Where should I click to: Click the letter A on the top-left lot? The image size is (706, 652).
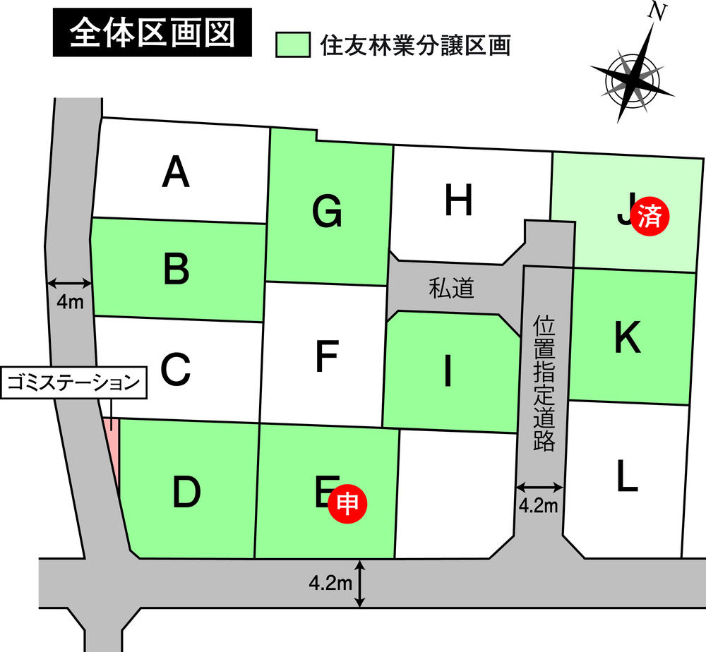(176, 173)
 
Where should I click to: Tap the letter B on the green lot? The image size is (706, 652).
(176, 269)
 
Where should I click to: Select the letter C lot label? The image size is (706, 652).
(176, 368)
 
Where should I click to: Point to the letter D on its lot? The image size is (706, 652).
(186, 492)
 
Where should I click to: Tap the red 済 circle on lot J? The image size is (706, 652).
(649, 216)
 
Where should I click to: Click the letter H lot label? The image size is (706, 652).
(458, 202)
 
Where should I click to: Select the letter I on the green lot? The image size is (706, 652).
(446, 373)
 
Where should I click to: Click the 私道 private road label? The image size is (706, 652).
(450, 288)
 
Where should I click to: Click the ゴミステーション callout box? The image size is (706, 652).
(72, 384)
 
